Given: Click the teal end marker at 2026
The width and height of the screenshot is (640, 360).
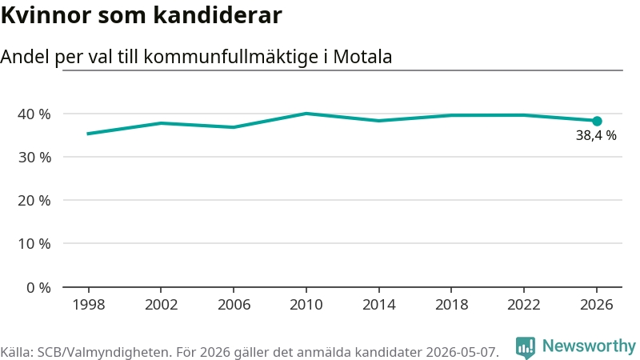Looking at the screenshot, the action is (597, 121).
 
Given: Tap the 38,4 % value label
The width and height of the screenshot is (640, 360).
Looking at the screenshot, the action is (596, 135).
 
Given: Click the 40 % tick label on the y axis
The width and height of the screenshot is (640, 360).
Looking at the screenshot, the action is (34, 114).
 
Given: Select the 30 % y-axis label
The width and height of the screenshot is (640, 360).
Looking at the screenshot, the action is (34, 157).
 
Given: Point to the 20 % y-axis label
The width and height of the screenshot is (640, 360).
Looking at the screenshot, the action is (34, 201).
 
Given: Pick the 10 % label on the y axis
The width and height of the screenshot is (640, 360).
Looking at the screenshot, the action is (34, 244).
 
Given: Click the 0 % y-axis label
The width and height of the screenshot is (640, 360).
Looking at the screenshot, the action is (38, 288).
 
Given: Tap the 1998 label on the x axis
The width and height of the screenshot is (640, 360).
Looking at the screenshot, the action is (89, 305).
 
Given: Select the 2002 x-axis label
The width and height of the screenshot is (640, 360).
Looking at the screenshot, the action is (162, 305).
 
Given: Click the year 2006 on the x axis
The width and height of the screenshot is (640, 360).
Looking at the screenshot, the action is (234, 305).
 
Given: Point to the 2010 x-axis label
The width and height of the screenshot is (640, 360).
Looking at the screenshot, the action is (306, 305).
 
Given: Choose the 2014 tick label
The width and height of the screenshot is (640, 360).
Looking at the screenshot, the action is (378, 305).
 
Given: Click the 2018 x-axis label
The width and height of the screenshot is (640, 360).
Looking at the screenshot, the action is (451, 305).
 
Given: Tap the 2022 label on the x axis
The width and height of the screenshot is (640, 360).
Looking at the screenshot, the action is (524, 305).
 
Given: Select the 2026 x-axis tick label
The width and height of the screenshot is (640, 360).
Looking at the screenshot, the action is (596, 305).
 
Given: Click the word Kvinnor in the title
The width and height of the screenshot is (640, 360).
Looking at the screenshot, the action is (46, 15).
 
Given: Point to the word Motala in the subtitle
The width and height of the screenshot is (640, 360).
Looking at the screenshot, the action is (362, 57).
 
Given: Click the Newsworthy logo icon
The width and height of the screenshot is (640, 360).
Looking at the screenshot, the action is (526, 348).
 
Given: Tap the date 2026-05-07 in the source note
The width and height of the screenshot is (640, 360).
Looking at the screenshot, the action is (462, 352).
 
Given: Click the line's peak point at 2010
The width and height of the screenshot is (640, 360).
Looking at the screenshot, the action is (306, 114).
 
